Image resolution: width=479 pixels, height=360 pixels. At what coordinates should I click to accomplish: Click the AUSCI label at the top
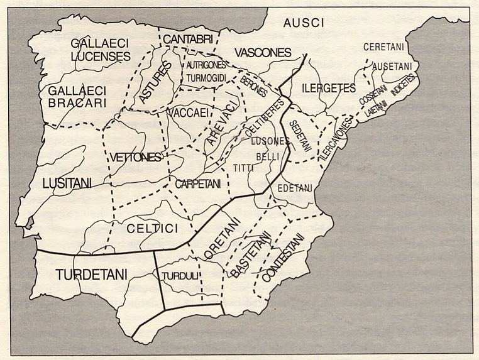point(303,23)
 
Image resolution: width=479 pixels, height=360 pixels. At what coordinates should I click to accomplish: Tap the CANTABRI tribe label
point(186,40)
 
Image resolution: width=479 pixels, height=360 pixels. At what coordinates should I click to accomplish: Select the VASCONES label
point(263,52)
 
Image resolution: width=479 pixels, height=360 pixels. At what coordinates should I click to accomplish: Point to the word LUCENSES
point(101,57)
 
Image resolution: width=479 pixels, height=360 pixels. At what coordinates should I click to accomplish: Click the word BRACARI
point(80,102)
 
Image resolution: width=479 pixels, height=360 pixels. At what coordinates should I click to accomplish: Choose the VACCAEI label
point(188,111)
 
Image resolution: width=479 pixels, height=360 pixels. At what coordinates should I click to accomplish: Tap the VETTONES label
point(135,157)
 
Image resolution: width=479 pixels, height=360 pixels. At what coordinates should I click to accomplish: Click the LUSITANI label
point(67,183)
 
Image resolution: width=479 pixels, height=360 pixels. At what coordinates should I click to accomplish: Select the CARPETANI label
point(198,184)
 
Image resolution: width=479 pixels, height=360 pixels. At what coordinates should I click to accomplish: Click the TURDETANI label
point(91,275)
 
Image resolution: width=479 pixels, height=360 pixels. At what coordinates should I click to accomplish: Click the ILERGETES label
point(328,88)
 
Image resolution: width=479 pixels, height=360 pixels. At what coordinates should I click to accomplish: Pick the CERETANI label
point(383,47)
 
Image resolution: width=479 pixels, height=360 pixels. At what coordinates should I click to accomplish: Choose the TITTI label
point(241,168)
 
